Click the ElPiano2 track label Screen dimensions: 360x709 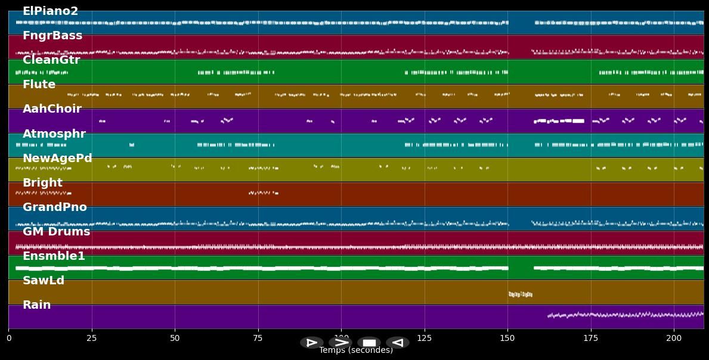(50, 11)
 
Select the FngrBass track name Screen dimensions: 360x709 (52, 36)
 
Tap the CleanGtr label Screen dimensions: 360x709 (51, 60)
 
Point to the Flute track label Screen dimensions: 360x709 (39, 85)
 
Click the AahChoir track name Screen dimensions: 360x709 (52, 109)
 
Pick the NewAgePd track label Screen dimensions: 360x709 (57, 159)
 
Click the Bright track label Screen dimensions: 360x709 (42, 183)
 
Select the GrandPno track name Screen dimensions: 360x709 (55, 207)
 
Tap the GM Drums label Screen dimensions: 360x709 (56, 232)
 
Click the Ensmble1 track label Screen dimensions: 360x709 (54, 256)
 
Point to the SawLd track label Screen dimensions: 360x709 (44, 281)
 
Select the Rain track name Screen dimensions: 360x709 (37, 305)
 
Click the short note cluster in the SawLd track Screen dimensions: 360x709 (520, 294)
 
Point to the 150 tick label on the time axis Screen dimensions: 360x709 (507, 338)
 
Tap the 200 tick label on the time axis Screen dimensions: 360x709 (674, 338)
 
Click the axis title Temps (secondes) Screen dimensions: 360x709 (356, 350)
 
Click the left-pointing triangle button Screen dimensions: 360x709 (398, 343)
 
